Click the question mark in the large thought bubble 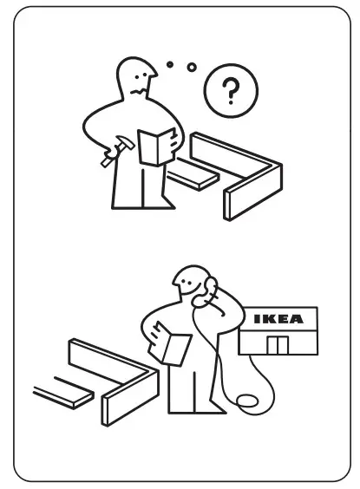tap(229, 90)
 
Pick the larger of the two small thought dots tap(192, 67)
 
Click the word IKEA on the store tap(278, 319)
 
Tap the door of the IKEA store tap(278, 344)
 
